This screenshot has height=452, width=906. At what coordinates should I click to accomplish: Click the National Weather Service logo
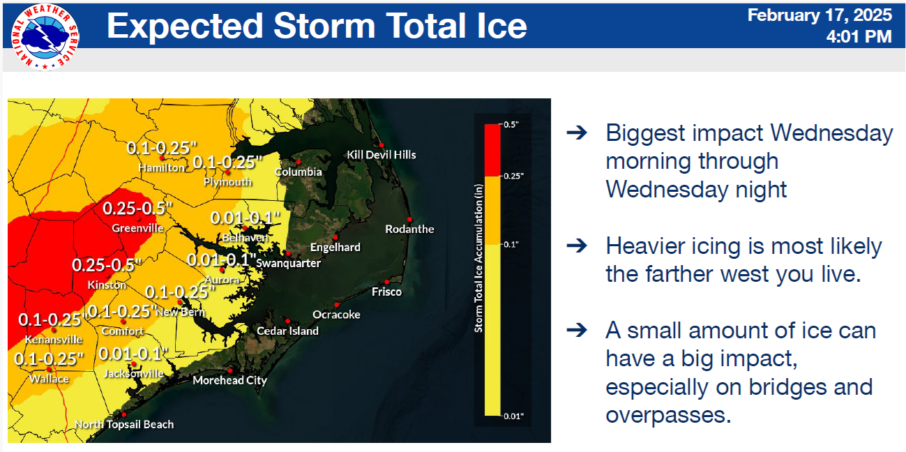[45, 38]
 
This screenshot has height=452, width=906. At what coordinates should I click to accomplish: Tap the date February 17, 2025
[820, 15]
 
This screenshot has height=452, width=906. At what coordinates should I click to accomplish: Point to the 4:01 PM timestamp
[859, 37]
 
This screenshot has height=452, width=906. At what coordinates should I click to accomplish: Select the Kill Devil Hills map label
[382, 155]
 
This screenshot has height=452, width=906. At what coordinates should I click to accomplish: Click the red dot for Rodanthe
[409, 219]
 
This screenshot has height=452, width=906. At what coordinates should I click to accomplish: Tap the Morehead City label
[229, 380]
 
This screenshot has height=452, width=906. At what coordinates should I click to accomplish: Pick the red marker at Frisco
[386, 282]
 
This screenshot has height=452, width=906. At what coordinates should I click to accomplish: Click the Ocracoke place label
[336, 315]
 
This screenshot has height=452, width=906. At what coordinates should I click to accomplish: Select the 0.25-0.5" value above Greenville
[137, 209]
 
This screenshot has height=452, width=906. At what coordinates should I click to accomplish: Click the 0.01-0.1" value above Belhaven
[245, 218]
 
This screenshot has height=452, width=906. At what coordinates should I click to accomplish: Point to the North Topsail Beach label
[124, 424]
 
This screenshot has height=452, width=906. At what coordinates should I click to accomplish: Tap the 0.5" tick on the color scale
[511, 125]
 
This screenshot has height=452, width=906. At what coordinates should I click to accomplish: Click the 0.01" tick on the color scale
[513, 416]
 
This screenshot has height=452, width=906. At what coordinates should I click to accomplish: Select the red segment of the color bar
[492, 150]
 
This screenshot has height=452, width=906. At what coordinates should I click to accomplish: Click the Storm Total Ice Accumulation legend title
[478, 258]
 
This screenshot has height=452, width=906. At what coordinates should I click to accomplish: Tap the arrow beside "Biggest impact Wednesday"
[577, 133]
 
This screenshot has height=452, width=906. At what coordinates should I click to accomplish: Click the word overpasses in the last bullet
[668, 415]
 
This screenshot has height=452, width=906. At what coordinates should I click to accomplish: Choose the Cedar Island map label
[287, 331]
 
